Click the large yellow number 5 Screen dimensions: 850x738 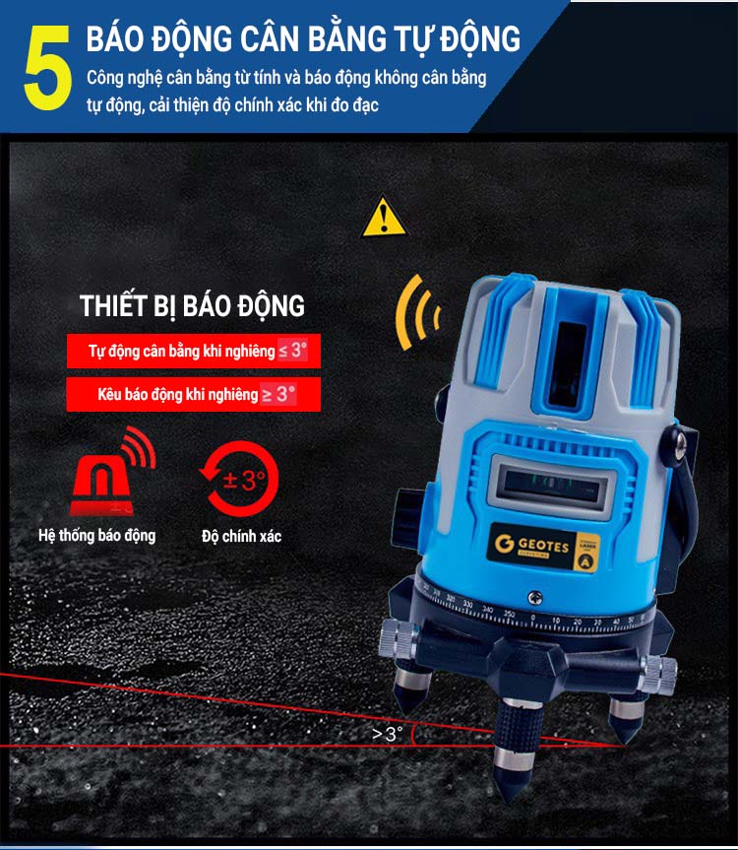pos(46,67)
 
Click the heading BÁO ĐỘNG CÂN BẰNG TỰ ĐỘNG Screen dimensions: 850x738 pos(303,38)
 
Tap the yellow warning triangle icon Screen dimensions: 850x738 pos(384,218)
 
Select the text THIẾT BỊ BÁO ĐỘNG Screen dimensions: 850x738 pos(192,305)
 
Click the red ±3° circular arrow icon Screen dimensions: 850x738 pos(239,481)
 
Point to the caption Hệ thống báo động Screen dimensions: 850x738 pos(96,536)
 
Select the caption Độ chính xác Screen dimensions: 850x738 pos(241,536)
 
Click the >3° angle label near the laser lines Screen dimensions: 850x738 pos(388,734)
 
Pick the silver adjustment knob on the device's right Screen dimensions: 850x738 pos(657,673)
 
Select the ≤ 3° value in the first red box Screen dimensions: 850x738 pos(294,351)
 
